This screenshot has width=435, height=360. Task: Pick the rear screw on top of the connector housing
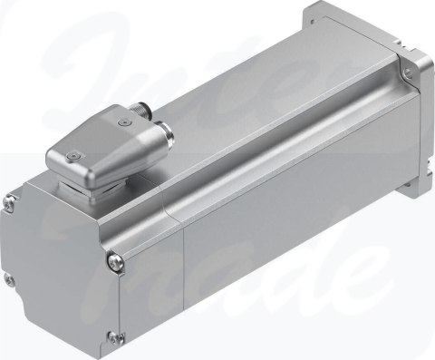tap(123, 117)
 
